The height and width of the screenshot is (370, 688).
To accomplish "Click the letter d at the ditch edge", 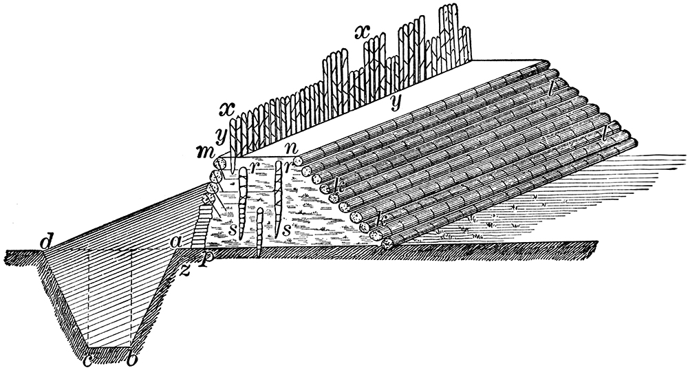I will [47, 242].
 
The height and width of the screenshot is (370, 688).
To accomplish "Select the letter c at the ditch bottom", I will [87, 359].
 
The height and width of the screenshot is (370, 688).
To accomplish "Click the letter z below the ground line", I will [184, 268].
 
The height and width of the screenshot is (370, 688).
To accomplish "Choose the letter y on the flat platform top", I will [395, 102].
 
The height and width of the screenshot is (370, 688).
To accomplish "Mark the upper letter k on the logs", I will [338, 184].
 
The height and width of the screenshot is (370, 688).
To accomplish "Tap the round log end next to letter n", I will [300, 160].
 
